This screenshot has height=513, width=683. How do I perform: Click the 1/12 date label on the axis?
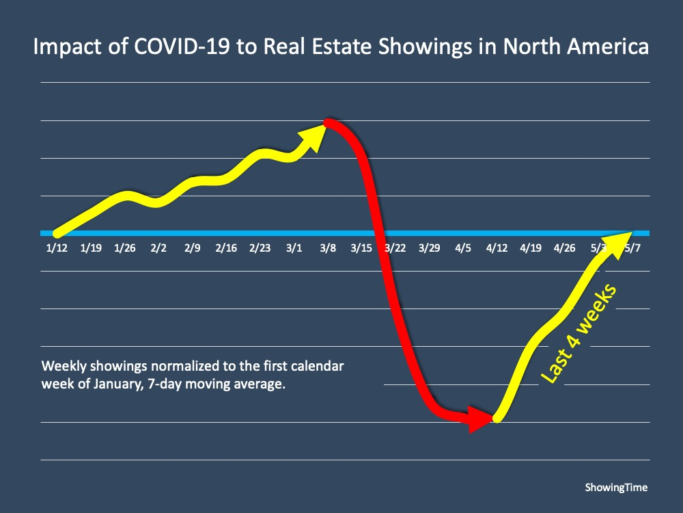(57, 248)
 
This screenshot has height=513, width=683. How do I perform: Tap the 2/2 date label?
(158, 248)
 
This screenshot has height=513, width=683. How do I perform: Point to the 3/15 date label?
(361, 248)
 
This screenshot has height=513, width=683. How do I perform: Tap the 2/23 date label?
(260, 248)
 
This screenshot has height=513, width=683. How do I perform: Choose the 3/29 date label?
(429, 248)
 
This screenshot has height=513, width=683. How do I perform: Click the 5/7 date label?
(632, 248)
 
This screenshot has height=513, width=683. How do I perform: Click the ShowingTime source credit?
(616, 488)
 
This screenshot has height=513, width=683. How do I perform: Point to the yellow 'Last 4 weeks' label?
(579, 333)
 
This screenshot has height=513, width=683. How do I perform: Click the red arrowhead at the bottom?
(479, 418)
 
